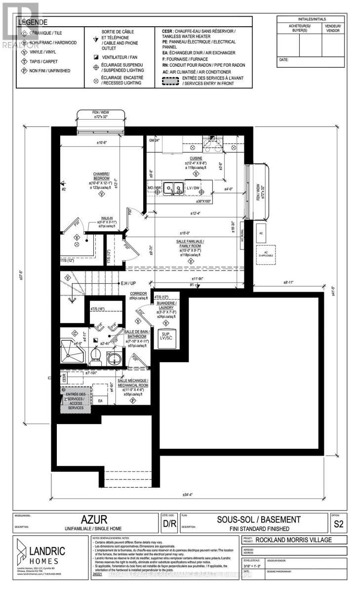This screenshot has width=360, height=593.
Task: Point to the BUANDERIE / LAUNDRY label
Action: pyautogui.click(x=166, y=304)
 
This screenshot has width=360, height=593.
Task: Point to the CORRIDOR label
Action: pyautogui.click(x=139, y=295)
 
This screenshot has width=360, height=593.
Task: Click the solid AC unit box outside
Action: pyautogui.click(x=261, y=232)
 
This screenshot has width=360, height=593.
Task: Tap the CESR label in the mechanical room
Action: pyautogui.click(x=64, y=378)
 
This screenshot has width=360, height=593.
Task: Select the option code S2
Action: pyautogui.click(x=338, y=523)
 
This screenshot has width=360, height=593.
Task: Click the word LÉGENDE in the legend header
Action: pyautogui.click(x=34, y=22)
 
